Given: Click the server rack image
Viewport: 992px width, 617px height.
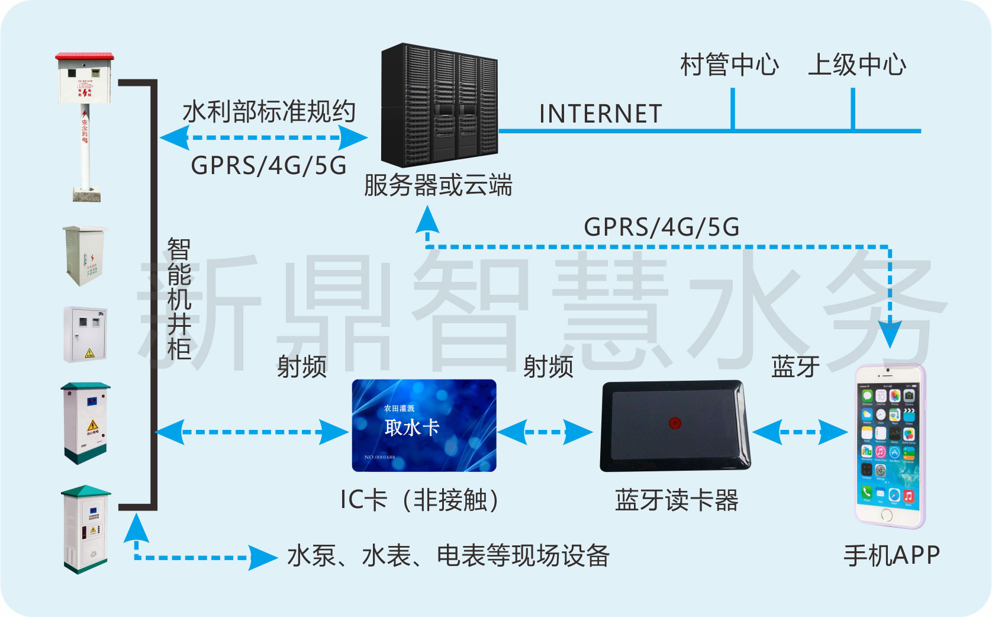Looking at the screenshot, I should click(x=439, y=105).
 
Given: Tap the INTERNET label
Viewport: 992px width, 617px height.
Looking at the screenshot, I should click(x=600, y=114).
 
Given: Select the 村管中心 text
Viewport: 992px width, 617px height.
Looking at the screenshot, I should click(x=729, y=65).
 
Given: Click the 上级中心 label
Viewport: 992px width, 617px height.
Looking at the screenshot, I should click(x=856, y=65).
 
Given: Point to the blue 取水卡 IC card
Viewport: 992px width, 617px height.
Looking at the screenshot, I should click(x=424, y=426).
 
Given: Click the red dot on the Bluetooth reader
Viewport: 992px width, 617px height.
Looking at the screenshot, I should click(x=674, y=423).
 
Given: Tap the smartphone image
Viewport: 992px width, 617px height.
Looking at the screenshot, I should click(x=890, y=446).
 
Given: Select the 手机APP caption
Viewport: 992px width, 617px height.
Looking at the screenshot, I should click(x=891, y=555).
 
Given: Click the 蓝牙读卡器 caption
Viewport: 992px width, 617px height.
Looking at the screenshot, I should click(x=677, y=500).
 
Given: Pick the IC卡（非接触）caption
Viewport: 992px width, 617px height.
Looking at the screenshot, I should click(x=421, y=500).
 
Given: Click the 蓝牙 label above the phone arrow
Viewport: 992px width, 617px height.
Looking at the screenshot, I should click(x=795, y=367).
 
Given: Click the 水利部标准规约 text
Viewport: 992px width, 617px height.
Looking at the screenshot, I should click(x=269, y=111).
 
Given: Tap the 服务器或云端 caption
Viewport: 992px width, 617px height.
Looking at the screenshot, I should click(x=438, y=185).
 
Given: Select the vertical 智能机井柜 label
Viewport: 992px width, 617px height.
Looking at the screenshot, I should click(x=178, y=299).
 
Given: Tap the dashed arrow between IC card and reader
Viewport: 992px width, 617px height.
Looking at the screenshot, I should click(x=545, y=432).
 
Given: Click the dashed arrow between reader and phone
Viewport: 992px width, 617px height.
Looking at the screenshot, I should click(x=800, y=432).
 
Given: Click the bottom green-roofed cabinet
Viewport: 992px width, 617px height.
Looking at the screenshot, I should click(x=86, y=529).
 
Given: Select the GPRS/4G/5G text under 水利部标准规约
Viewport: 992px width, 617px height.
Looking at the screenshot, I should click(x=269, y=165).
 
